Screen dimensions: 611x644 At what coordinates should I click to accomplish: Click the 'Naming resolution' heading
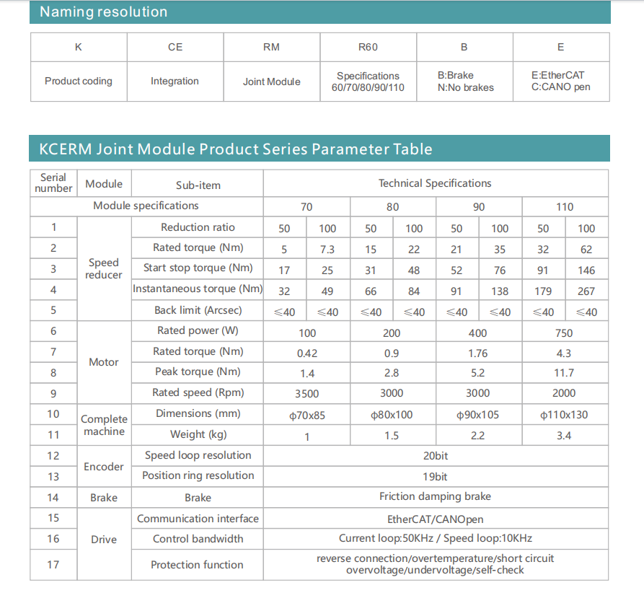[103, 12]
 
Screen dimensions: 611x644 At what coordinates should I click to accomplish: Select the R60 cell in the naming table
[368, 48]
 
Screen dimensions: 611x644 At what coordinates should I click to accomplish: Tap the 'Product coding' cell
[79, 82]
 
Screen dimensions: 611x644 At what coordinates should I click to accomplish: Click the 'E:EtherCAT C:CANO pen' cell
[560, 81]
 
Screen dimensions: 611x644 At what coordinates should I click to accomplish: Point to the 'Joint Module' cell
[271, 82]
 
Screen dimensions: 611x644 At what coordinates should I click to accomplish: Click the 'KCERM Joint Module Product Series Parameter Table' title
[235, 149]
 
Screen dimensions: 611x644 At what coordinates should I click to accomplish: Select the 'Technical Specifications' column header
[435, 183]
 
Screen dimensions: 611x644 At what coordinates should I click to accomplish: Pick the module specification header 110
[565, 207]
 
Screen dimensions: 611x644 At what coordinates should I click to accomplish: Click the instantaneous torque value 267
[586, 291]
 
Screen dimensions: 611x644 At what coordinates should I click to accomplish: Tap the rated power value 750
[565, 333]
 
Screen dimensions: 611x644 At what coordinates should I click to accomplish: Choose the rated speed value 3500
[306, 394]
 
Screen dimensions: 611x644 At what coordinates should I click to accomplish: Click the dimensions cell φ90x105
[477, 415]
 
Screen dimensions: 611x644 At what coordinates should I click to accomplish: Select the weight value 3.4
[565, 436]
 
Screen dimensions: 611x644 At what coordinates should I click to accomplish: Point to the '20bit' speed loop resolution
[435, 456]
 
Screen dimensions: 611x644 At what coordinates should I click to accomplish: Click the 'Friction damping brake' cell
[435, 496]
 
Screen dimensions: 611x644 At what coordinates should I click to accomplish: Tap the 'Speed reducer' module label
[104, 268]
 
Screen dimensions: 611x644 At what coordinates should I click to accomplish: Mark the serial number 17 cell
[53, 564]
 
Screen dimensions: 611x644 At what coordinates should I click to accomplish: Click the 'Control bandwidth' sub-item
[198, 539]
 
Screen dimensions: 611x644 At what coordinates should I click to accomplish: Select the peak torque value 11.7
[565, 373]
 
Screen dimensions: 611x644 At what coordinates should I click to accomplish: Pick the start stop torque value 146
[586, 271]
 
